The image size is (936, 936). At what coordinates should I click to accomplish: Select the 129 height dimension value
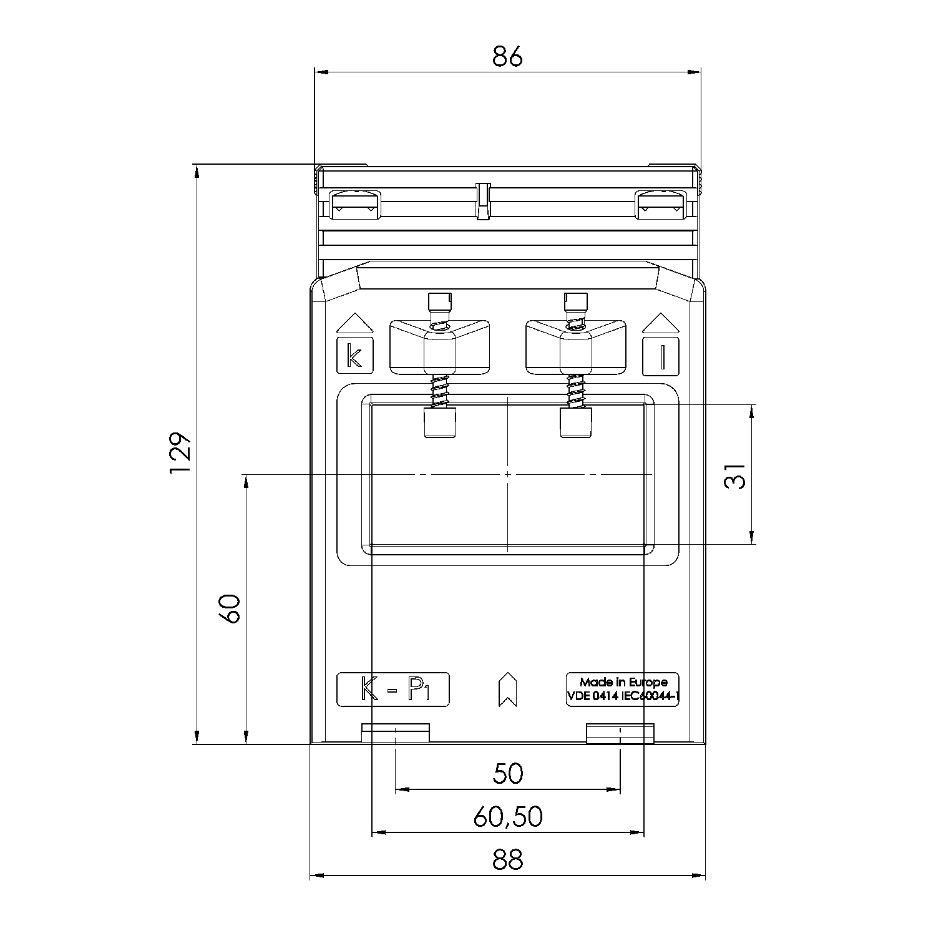click(x=180, y=453)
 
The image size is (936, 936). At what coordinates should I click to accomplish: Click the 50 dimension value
click(x=508, y=774)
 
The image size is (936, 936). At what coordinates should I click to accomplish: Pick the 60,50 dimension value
click(x=508, y=817)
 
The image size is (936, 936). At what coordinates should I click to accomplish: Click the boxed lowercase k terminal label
click(x=355, y=356)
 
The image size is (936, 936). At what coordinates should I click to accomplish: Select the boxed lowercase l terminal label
click(x=661, y=356)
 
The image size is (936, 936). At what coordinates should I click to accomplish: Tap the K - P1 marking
click(x=393, y=690)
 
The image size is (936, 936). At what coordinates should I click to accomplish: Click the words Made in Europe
click(x=623, y=682)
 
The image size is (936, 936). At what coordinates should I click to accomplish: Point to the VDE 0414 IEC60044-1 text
click(x=623, y=697)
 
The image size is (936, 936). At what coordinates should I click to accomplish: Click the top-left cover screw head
click(x=355, y=205)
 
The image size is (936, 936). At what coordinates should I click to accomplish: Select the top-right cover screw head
click(x=661, y=205)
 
